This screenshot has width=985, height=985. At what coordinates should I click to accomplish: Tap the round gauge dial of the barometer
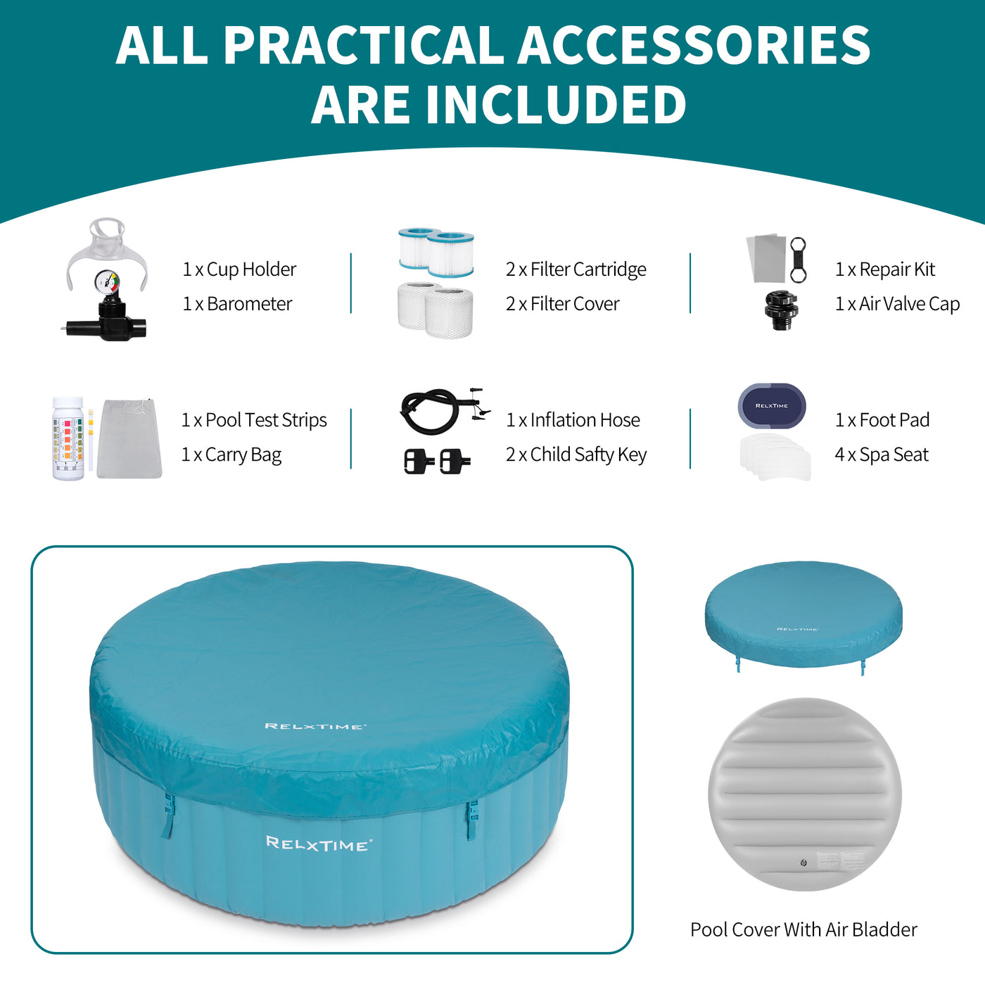pyautogui.click(x=106, y=281)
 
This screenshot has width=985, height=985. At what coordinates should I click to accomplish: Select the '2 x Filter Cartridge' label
pyautogui.click(x=576, y=269)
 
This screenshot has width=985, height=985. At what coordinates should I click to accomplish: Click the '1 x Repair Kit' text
pyautogui.click(x=885, y=269)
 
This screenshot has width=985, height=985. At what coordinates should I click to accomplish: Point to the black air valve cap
pyautogui.click(x=781, y=310)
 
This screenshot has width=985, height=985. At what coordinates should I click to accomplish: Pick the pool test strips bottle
pyautogui.click(x=68, y=438)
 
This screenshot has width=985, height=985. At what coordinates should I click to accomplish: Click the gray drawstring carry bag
pyautogui.click(x=129, y=438)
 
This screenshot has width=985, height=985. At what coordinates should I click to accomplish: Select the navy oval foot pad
pyautogui.click(x=772, y=406)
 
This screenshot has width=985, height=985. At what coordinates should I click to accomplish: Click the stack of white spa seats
pyautogui.click(x=775, y=457)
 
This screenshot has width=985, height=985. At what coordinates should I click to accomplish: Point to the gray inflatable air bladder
pyautogui.click(x=804, y=794)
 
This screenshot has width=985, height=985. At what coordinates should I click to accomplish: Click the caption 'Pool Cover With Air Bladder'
pyautogui.click(x=803, y=929)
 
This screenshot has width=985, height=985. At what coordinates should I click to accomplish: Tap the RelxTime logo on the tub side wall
pyautogui.click(x=319, y=844)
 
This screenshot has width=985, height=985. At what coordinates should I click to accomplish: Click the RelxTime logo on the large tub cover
pyautogui.click(x=315, y=726)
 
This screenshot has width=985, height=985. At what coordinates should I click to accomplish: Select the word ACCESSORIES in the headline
pyautogui.click(x=694, y=45)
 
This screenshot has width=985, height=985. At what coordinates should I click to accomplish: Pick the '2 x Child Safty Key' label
pyautogui.click(x=576, y=455)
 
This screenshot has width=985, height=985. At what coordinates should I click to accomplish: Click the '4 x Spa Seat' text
pyautogui.click(x=882, y=455)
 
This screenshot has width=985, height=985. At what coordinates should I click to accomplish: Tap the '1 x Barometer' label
pyautogui.click(x=237, y=304)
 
